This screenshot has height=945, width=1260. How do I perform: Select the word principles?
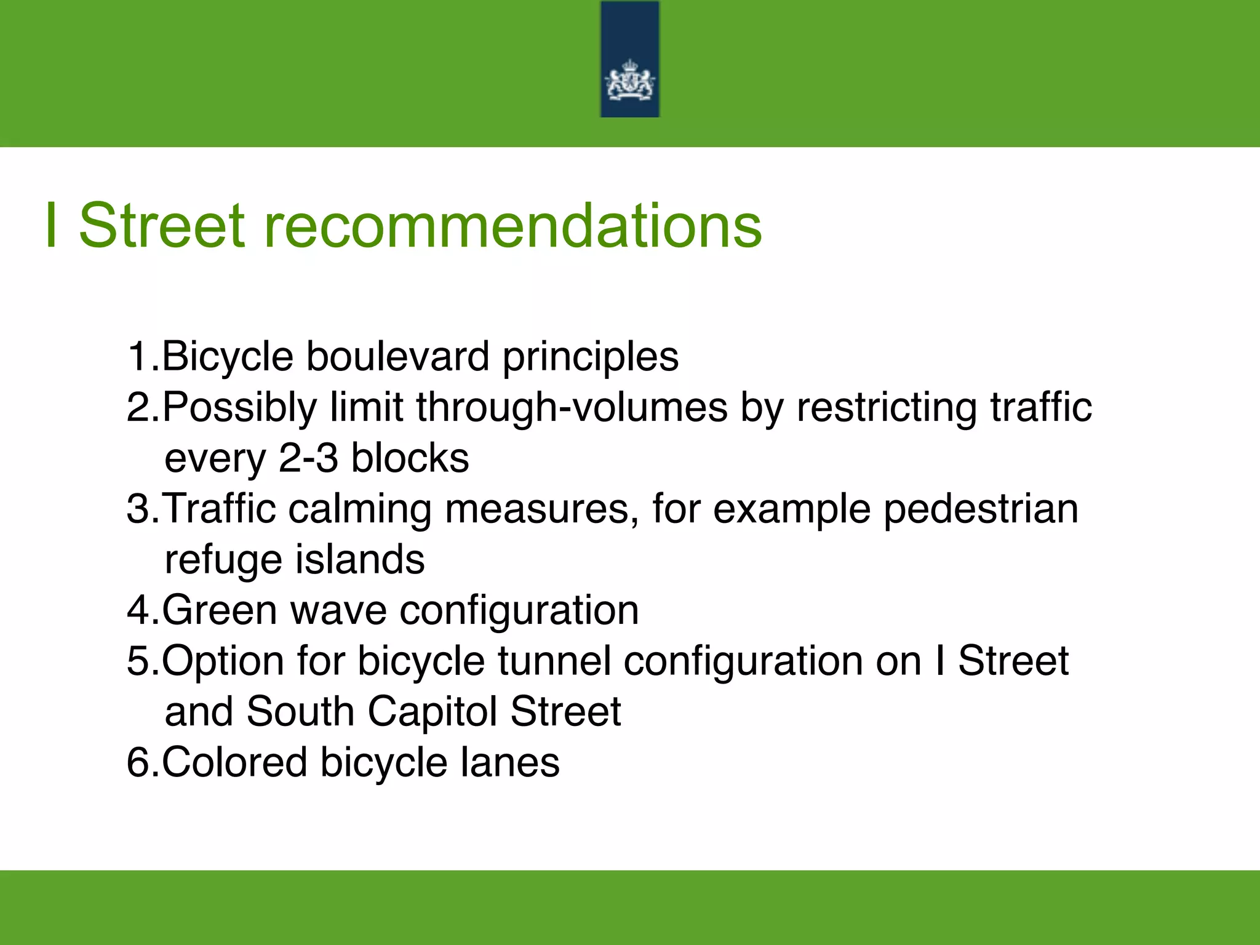(x=591, y=357)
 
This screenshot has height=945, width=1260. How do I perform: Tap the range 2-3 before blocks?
(x=308, y=458)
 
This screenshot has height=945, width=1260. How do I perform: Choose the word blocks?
(x=410, y=458)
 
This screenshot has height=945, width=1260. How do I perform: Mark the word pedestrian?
(x=981, y=509)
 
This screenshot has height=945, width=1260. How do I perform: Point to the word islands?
(x=360, y=560)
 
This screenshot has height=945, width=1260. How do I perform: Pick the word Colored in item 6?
(x=234, y=762)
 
